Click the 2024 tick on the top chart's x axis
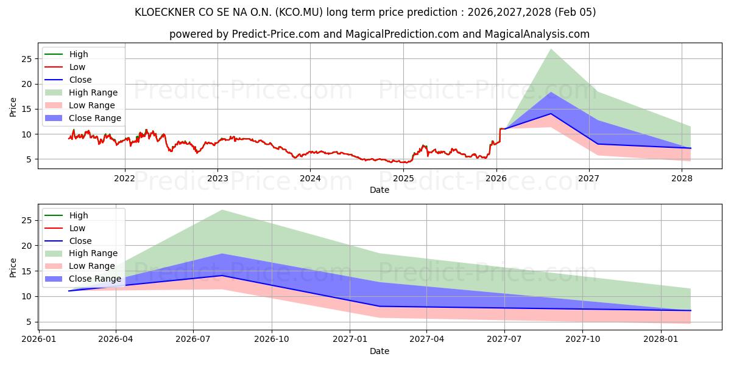pyautogui.click(x=310, y=178)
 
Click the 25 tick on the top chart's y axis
pyautogui.click(x=26, y=59)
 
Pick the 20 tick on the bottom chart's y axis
pyautogui.click(x=26, y=246)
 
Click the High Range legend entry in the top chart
pyautogui.click(x=93, y=92)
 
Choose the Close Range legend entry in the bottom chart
pyautogui.click(x=94, y=279)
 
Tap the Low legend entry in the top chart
pyautogui.click(x=77, y=67)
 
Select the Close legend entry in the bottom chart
pyautogui.click(x=80, y=241)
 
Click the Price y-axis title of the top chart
pyautogui.click(x=13, y=107)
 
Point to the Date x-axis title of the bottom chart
pyautogui.click(x=379, y=351)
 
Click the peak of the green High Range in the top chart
pyautogui.click(x=551, y=49)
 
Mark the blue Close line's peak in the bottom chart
pyautogui.click(x=222, y=276)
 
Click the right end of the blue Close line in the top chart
pyautogui.click(x=690, y=148)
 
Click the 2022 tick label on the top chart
pyautogui.click(x=125, y=178)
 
